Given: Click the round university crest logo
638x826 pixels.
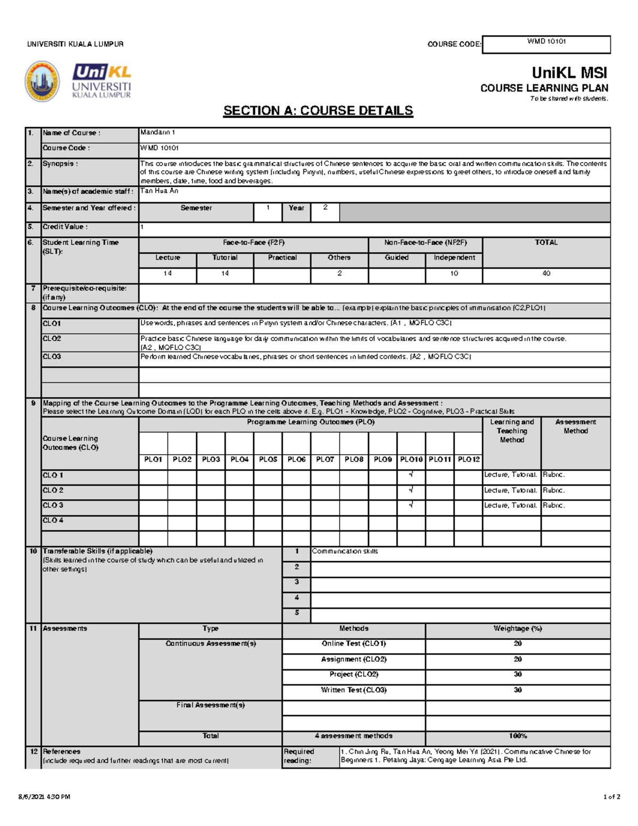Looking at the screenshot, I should [x=42, y=81].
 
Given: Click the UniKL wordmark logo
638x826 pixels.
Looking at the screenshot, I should [x=102, y=81].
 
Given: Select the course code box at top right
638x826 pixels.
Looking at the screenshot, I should [x=546, y=44].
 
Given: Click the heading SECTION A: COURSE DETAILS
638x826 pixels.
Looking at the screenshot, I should [x=318, y=111].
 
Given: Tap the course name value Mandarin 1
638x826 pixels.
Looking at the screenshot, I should [x=157, y=132].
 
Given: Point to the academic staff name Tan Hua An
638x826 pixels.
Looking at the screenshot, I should [x=159, y=191].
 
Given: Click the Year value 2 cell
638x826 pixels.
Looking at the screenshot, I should [x=325, y=208].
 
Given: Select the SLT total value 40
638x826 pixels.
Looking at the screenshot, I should [x=546, y=273].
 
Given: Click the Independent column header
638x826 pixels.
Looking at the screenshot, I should [x=454, y=257].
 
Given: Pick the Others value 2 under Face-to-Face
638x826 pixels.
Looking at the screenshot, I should [x=339, y=273].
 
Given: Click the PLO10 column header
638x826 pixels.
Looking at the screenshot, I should [x=411, y=459].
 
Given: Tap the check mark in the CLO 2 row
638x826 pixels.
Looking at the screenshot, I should [x=411, y=490].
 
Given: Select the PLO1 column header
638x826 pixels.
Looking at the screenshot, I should [x=153, y=459].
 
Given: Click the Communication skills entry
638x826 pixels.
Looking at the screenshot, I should [x=345, y=552].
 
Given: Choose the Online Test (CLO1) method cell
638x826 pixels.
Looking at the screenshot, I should [x=354, y=644].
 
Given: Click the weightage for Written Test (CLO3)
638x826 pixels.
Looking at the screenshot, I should [x=517, y=690].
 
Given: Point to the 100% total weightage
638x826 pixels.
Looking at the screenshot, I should [x=517, y=736].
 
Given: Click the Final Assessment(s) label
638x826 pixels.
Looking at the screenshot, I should [x=211, y=705].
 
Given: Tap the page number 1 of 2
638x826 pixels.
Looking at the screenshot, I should [x=611, y=797].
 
